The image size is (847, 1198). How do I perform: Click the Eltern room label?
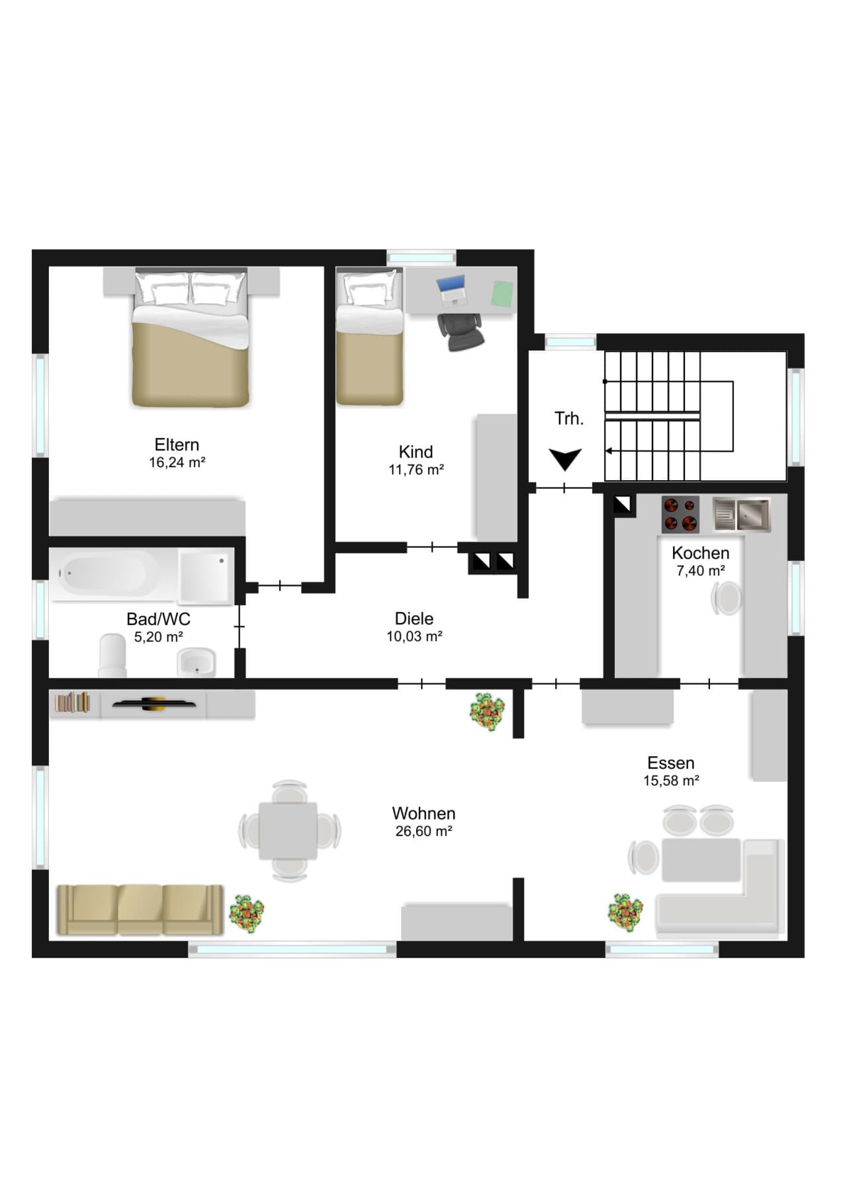[177, 445]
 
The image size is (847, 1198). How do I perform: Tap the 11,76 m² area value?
[416, 470]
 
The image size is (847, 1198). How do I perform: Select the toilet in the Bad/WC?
[112, 656]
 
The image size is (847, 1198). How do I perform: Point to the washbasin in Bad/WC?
[196, 663]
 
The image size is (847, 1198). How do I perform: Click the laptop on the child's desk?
[452, 290]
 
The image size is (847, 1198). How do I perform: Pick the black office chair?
[461, 331]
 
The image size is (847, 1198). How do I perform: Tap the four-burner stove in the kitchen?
[680, 515]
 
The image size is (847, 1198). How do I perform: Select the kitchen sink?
[742, 515]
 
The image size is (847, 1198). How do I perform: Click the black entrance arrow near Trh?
[565, 459]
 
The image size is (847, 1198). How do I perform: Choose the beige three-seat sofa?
[140, 910]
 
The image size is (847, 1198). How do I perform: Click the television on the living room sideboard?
[154, 704]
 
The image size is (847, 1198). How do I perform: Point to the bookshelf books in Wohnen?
[71, 702]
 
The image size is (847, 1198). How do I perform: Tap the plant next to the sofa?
[246, 914]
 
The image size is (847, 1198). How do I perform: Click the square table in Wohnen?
[289, 831]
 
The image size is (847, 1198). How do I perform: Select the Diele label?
[414, 619]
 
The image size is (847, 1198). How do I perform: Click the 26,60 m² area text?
[423, 831]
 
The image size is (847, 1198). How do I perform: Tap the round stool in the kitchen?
[727, 598]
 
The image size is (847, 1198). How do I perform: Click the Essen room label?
[671, 763]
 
